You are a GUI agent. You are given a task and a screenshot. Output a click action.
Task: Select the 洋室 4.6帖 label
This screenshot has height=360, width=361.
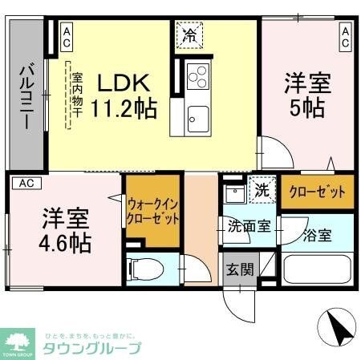click(x=65, y=228)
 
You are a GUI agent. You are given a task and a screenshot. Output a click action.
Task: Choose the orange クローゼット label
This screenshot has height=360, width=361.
click(x=316, y=192)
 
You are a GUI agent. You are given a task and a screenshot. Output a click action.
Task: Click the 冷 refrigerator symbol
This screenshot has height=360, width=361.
click(x=191, y=35)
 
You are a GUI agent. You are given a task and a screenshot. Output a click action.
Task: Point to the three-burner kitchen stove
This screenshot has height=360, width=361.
click(x=197, y=79)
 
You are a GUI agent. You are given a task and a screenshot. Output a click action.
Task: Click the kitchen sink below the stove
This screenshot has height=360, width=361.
click(x=197, y=120)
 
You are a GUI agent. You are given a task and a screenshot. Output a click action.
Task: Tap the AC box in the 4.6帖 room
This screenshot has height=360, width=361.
click(x=25, y=183)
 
